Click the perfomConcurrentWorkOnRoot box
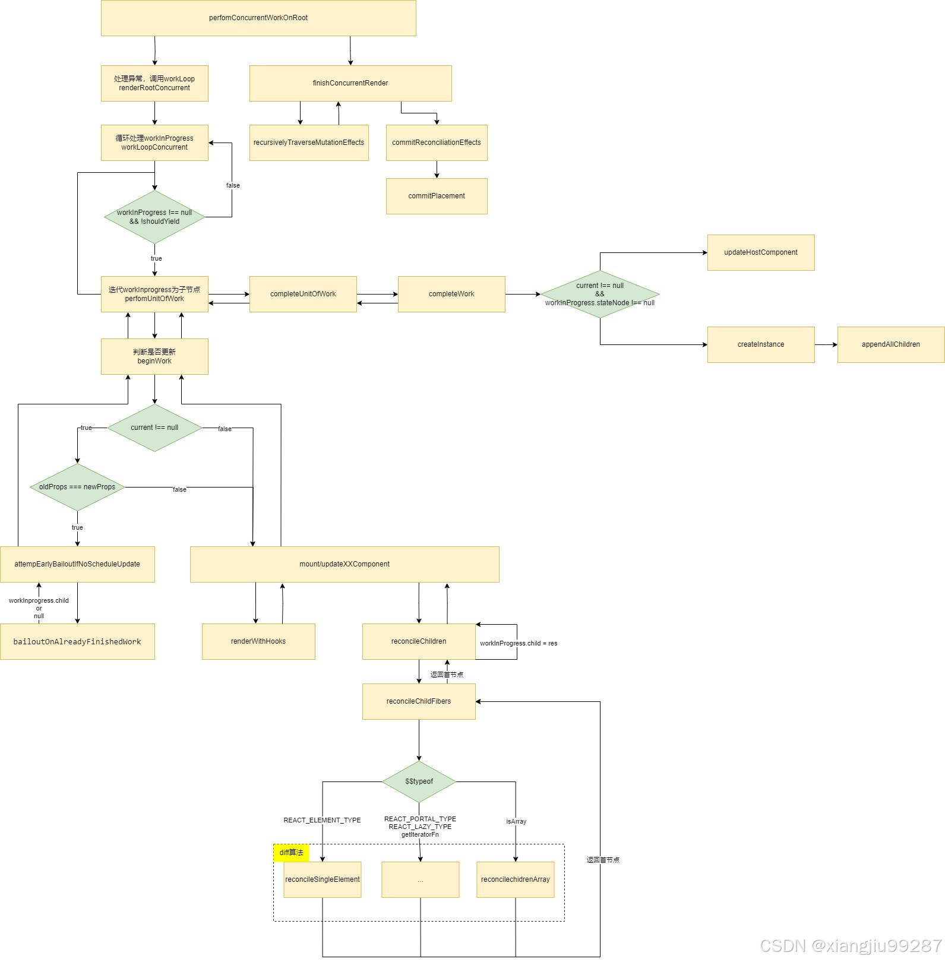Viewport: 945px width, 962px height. pyautogui.click(x=258, y=18)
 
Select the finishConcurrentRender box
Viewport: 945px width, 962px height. pyautogui.click(x=350, y=83)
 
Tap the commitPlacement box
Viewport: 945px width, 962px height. pyautogui.click(x=437, y=196)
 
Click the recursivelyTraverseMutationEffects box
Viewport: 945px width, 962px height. pyautogui.click(x=309, y=143)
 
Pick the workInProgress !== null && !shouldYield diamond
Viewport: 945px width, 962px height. pyautogui.click(x=154, y=217)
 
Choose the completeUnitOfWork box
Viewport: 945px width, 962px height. pyautogui.click(x=303, y=294)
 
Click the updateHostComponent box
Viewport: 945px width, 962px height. pyautogui.click(x=760, y=252)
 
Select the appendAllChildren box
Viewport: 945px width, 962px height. pyautogui.click(x=890, y=344)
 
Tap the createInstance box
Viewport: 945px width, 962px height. pyautogui.click(x=760, y=344)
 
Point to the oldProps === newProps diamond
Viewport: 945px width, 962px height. pyautogui.click(x=77, y=487)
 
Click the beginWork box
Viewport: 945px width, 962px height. pyautogui.click(x=154, y=356)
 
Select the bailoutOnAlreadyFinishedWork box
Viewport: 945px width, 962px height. pyautogui.click(x=77, y=641)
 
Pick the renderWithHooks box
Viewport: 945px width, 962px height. pyautogui.click(x=258, y=641)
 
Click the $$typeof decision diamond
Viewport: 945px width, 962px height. pyautogui.click(x=419, y=781)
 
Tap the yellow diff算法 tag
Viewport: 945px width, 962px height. pyautogui.click(x=291, y=853)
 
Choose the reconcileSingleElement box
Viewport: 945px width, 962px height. pyautogui.click(x=323, y=879)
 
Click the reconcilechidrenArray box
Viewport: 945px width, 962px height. pyautogui.click(x=515, y=879)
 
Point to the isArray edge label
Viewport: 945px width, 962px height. pyautogui.click(x=516, y=821)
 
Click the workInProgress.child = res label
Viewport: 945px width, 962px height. pyautogui.click(x=519, y=643)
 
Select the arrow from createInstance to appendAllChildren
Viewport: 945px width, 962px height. pyautogui.click(x=826, y=344)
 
